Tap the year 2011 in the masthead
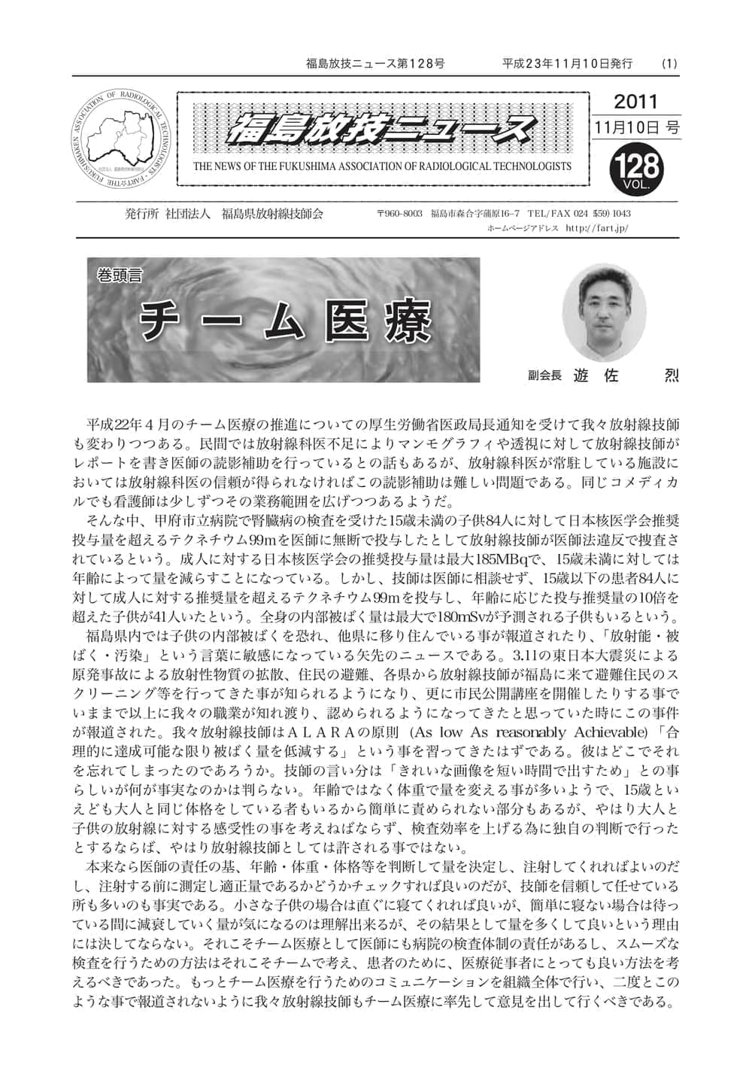pos(635,102)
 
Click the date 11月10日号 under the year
pos(636,128)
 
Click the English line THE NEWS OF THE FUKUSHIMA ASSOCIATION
pos(382,166)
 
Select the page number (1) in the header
pos(669,64)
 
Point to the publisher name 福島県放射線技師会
pos(272,214)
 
